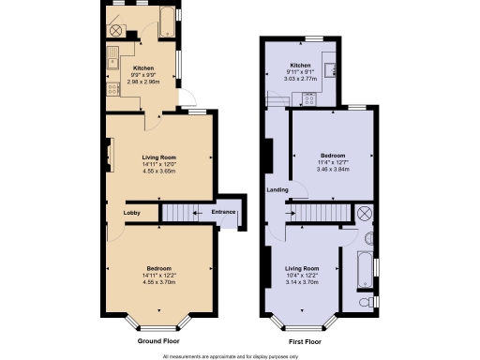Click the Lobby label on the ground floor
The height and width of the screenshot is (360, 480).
132,213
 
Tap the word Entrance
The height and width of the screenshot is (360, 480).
223,213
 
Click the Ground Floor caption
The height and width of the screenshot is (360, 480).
159,342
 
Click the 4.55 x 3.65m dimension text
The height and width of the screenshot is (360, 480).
159,172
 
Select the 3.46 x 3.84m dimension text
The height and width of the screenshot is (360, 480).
333,169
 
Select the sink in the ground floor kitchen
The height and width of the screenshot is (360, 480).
112,62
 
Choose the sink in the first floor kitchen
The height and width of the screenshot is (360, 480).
328,66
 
